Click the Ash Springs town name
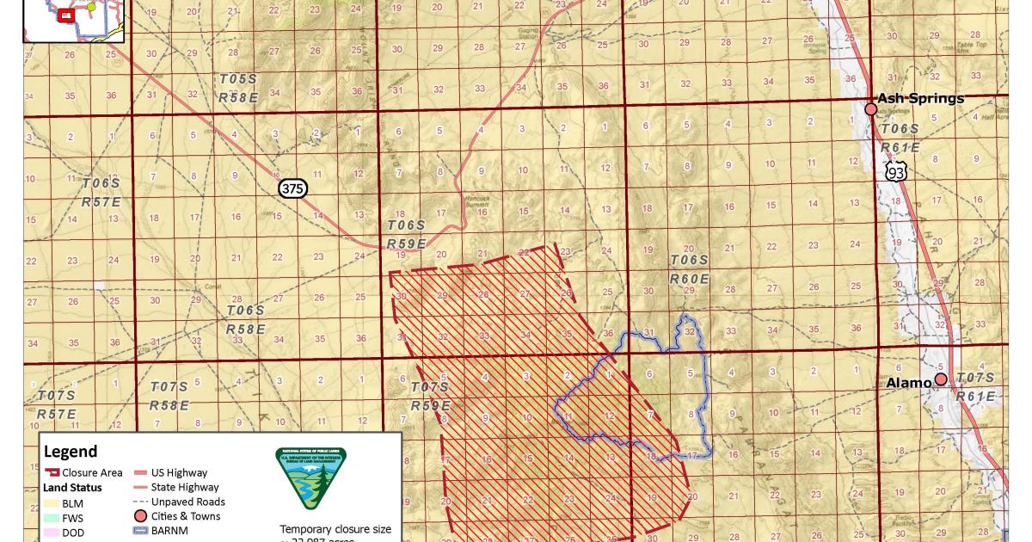click(921, 98)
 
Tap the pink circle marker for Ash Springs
click(870, 109)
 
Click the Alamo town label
click(908, 383)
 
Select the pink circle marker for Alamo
click(941, 379)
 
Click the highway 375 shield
click(292, 188)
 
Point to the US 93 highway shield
click(897, 173)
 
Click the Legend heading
click(71, 452)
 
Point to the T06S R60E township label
click(690, 269)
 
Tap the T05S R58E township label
click(238, 88)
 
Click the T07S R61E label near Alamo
click(975, 387)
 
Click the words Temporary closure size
click(335, 528)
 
